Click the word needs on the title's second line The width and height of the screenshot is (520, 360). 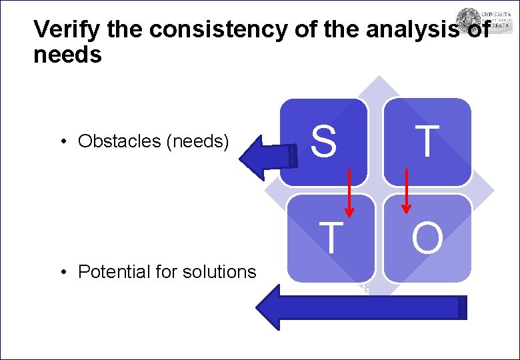pyautogui.click(x=67, y=55)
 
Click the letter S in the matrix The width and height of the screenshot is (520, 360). pyautogui.click(x=323, y=141)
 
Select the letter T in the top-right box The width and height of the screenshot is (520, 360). pyautogui.click(x=427, y=141)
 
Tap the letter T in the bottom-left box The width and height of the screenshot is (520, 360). pyautogui.click(x=331, y=237)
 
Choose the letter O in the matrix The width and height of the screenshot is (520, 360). pyautogui.click(x=427, y=238)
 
